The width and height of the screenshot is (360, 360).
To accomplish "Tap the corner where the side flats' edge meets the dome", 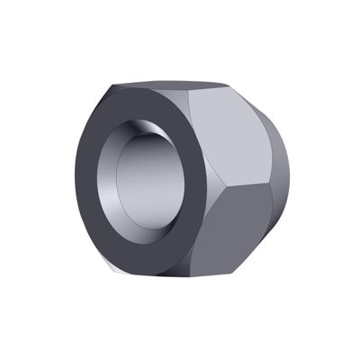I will coord(272,187).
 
